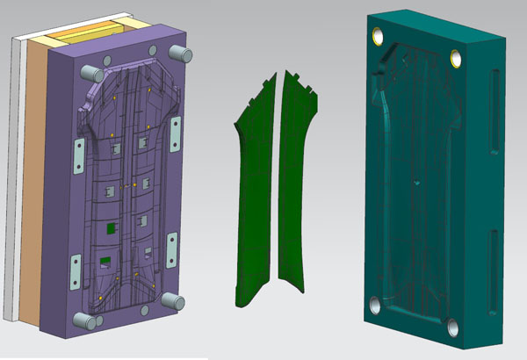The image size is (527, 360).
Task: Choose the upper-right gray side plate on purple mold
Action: click(175, 133)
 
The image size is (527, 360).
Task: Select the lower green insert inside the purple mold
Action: click(105, 260)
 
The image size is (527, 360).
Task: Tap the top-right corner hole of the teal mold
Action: click(456, 58)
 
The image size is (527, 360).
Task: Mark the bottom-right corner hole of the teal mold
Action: click(451, 329)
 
